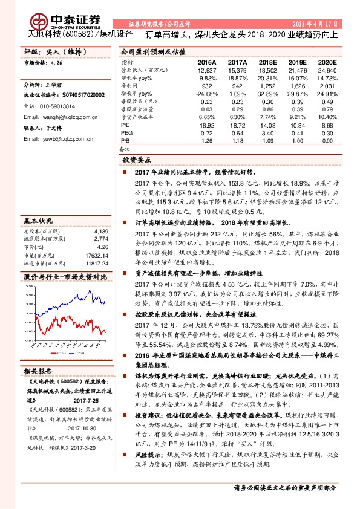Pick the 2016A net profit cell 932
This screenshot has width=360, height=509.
(x=207, y=86)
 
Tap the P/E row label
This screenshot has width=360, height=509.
(x=125, y=123)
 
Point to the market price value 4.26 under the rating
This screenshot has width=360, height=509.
(x=57, y=62)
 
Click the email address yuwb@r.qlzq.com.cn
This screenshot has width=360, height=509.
(x=58, y=138)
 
